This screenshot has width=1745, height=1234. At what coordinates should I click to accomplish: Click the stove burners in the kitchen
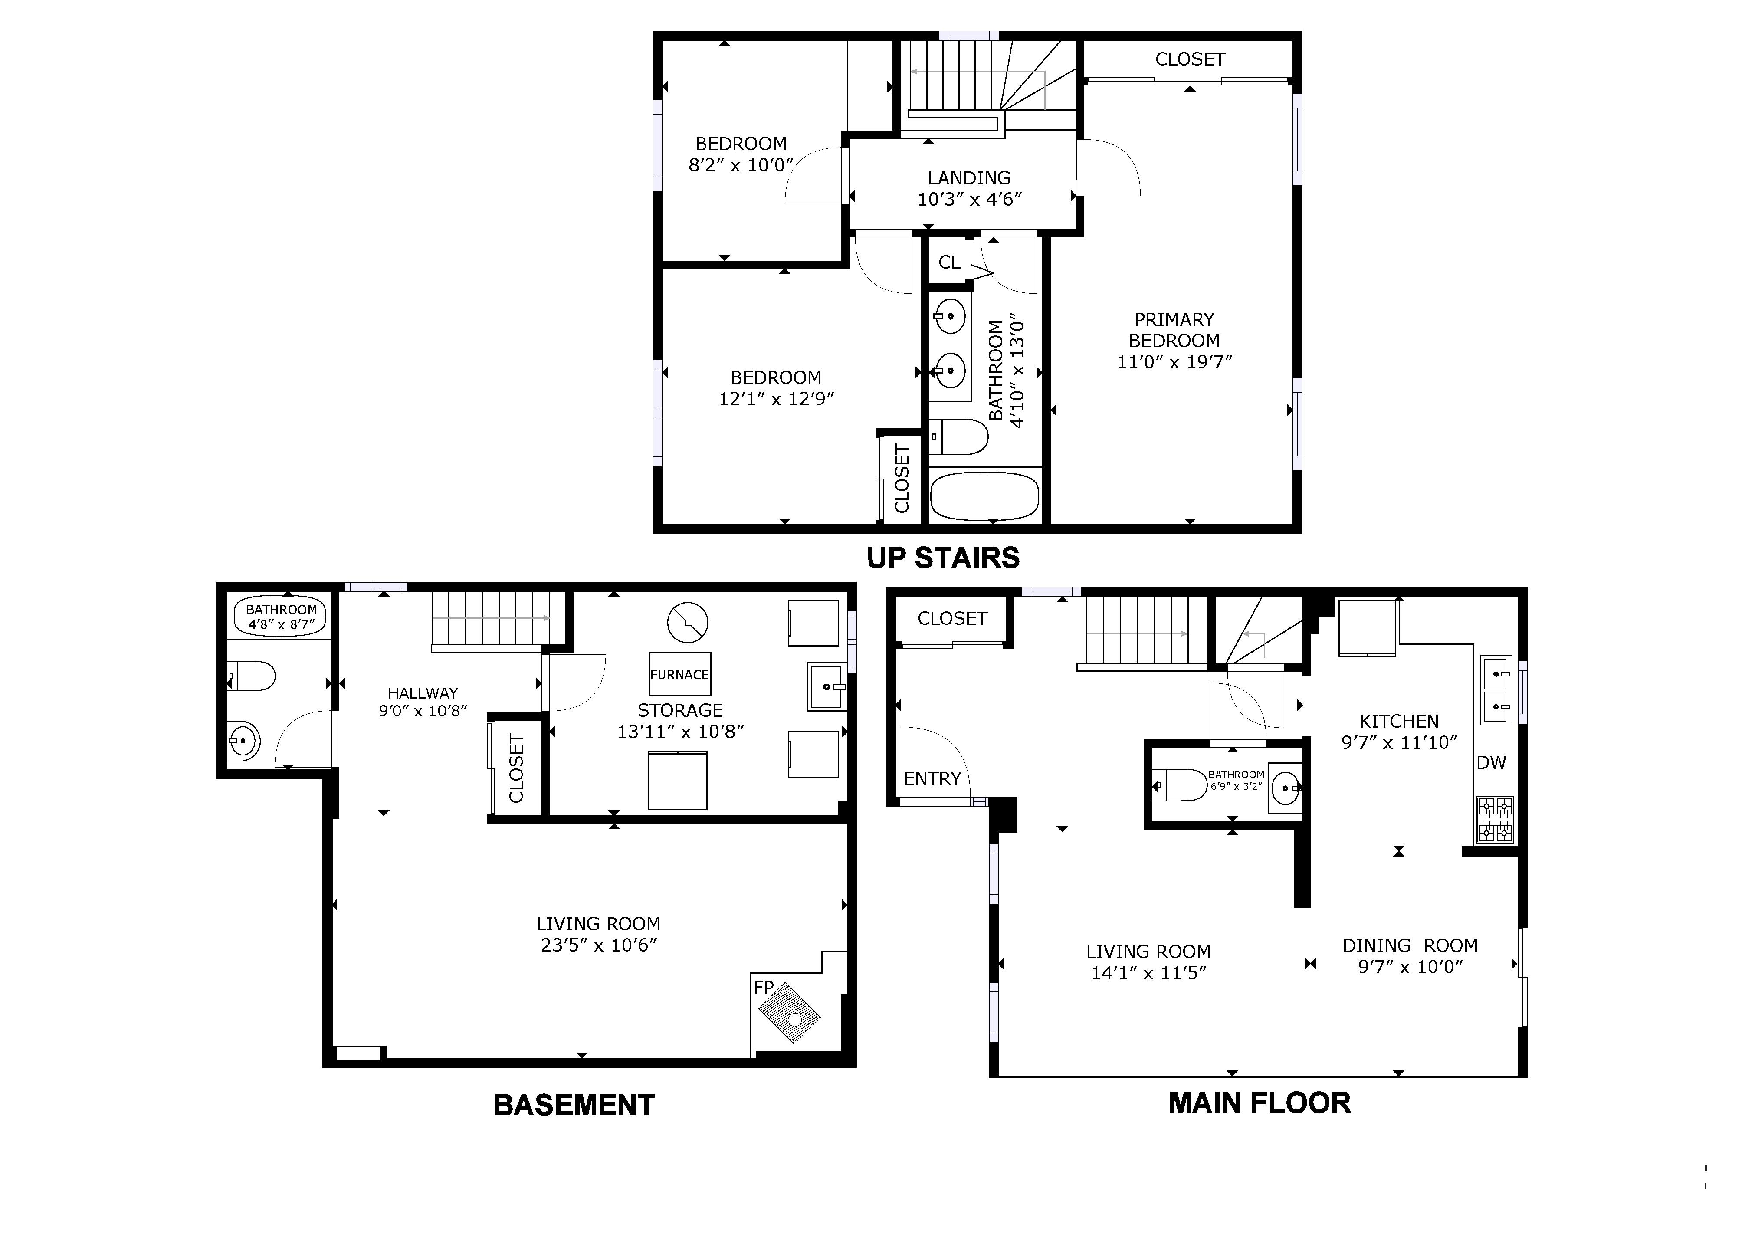click(1494, 819)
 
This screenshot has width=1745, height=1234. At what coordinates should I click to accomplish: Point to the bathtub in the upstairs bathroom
click(984, 496)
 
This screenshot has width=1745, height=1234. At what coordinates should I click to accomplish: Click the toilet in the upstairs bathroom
click(959, 437)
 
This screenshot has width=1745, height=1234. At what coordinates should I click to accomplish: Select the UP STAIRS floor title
click(943, 558)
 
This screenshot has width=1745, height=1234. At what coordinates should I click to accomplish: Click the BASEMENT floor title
click(574, 1105)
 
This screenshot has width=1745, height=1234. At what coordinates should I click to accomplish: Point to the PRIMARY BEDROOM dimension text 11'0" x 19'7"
click(1174, 362)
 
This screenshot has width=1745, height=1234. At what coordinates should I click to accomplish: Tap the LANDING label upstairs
click(969, 178)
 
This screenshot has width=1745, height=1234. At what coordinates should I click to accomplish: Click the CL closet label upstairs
click(949, 262)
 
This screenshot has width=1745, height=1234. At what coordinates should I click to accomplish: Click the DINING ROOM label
click(1410, 945)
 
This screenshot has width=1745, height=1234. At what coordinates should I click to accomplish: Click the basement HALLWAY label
click(423, 693)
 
